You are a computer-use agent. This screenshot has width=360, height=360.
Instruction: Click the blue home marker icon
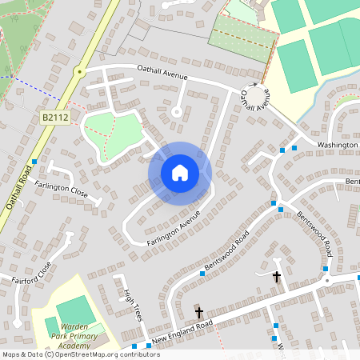(180, 172)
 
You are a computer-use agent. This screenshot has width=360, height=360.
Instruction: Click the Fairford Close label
(32, 275)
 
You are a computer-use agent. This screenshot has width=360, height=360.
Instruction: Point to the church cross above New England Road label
(199, 313)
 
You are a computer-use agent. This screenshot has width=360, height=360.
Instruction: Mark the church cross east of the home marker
(277, 277)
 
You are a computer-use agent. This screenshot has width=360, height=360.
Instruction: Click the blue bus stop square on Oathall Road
(34, 162)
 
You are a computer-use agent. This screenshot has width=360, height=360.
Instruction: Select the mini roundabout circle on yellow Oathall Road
(78, 72)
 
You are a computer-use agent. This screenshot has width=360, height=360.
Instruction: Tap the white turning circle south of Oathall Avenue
(176, 112)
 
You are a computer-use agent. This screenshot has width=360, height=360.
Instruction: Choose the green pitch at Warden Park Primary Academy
(74, 310)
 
